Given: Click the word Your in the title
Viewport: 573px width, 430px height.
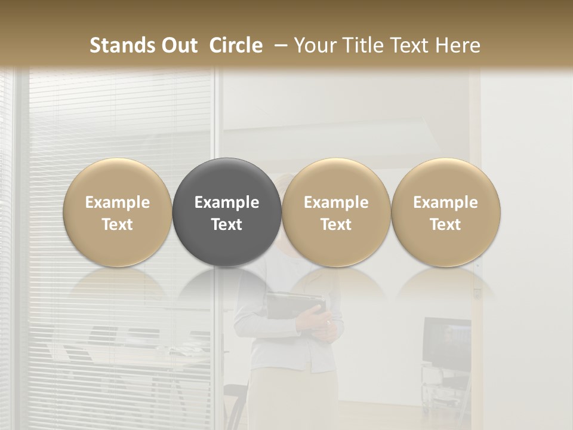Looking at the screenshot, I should (x=314, y=45).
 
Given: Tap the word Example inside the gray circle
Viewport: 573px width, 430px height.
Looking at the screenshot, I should (x=227, y=202).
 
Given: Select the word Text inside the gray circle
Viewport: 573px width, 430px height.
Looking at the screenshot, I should (x=227, y=225).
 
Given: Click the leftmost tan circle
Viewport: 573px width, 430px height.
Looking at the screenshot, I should (x=118, y=179).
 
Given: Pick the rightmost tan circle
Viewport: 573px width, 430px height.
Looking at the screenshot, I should (x=446, y=179).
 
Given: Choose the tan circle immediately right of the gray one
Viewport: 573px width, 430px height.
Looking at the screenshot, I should (x=336, y=179).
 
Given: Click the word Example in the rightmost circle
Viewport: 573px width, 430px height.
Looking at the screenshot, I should (x=446, y=202).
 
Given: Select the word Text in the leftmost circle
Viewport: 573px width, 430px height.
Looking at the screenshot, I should (x=118, y=225).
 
